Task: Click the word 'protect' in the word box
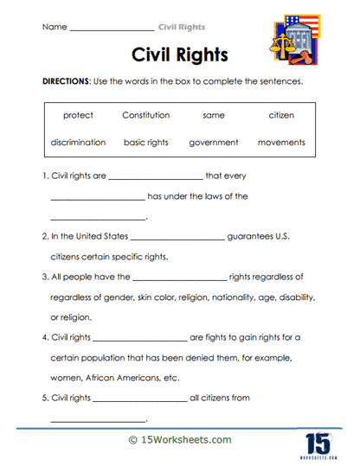pyautogui.click(x=78, y=115)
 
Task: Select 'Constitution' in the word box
pyautogui.click(x=145, y=115)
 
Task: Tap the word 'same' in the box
pyautogui.click(x=214, y=115)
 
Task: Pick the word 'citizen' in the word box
pyautogui.click(x=282, y=115)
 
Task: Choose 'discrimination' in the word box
pyautogui.click(x=78, y=142)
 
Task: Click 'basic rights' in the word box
pyautogui.click(x=145, y=142)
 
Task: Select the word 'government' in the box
pyautogui.click(x=214, y=142)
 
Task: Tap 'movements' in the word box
pyautogui.click(x=282, y=142)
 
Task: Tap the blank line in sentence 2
pyautogui.click(x=177, y=236)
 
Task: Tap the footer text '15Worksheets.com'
pyautogui.click(x=186, y=439)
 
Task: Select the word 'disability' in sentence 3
pyautogui.click(x=292, y=297)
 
